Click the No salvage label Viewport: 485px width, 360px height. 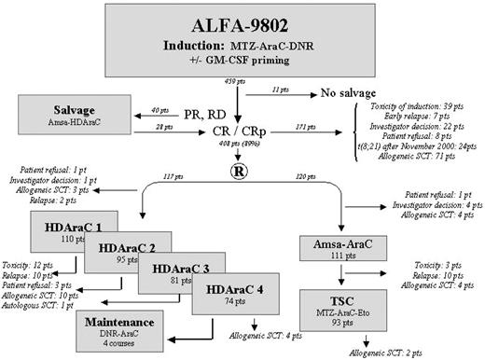tap(340, 94)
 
